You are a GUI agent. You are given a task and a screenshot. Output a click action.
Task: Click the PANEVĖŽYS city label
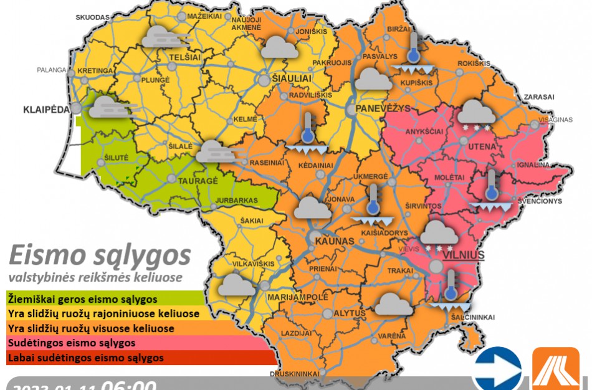point(383,108)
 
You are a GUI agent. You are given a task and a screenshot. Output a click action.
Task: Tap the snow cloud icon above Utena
point(477,115)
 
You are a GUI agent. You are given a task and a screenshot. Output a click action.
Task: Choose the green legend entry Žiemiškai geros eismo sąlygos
point(82,300)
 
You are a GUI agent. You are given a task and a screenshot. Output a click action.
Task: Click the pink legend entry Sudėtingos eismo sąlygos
point(71,343)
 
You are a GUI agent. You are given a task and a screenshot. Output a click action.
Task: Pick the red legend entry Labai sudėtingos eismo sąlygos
point(85,358)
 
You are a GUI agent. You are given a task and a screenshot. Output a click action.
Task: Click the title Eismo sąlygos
point(100,255)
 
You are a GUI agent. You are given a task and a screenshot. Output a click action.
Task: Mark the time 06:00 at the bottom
point(128,384)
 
